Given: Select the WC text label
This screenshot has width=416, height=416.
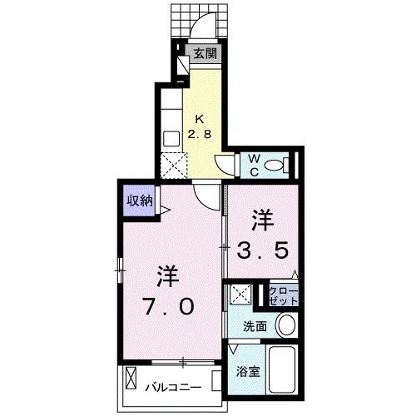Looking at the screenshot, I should click(x=255, y=163).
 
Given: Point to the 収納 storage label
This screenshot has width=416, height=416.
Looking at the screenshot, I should click(x=139, y=200).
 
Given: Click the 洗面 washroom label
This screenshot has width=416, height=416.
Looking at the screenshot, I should click(x=255, y=326).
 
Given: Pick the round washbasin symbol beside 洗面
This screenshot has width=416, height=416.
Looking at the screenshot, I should click(x=285, y=324).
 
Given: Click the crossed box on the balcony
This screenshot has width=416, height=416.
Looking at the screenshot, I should click(x=133, y=382).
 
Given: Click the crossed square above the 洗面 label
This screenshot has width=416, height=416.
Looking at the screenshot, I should click(x=240, y=295).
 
